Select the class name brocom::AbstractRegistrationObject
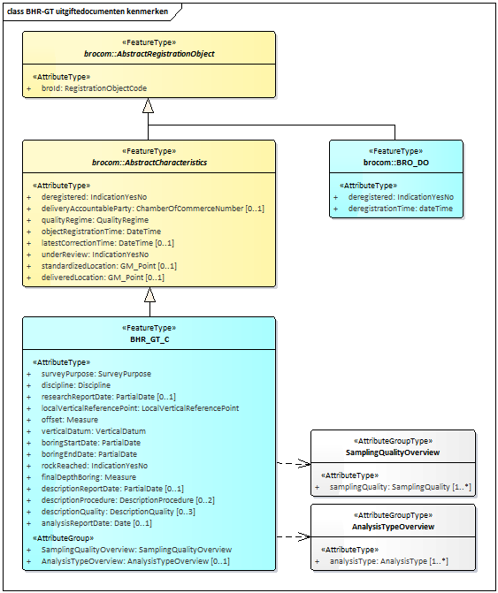click(149, 54)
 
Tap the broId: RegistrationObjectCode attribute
click(94, 88)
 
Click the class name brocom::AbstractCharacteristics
click(149, 163)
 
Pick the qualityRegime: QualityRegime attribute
click(95, 220)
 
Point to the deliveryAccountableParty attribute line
click(152, 209)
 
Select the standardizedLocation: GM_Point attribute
click(109, 266)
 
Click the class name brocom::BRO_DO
click(395, 163)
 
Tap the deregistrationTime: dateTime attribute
click(400, 209)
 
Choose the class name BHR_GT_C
click(149, 339)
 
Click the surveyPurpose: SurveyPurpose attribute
click(96, 374)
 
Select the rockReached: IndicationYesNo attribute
click(95, 466)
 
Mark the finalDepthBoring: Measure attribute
click(88, 477)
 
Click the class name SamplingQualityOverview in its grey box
click(394, 452)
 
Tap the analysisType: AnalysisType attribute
click(388, 561)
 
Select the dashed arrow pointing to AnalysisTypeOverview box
click(292, 536)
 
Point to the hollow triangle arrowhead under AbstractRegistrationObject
click(149, 105)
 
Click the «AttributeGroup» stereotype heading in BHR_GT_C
click(63, 537)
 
